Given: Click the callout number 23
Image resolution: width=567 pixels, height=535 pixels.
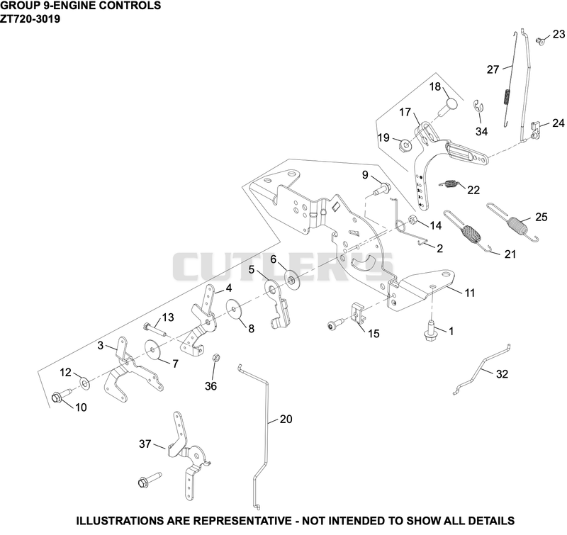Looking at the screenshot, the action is pyautogui.click(x=558, y=34).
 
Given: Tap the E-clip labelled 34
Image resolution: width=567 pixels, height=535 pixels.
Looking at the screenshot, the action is pyautogui.click(x=478, y=106).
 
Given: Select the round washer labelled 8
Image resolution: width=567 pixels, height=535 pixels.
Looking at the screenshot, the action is pyautogui.click(x=235, y=309).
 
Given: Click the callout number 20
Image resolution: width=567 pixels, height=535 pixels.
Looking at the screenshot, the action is pyautogui.click(x=286, y=419).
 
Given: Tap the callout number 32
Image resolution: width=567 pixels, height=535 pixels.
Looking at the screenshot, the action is pyautogui.click(x=502, y=373).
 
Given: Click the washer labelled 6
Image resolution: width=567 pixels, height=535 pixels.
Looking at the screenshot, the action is pyautogui.click(x=291, y=278).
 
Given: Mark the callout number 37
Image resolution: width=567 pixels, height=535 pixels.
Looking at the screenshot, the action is pyautogui.click(x=145, y=444).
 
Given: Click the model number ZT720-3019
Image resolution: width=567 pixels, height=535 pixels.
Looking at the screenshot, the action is pyautogui.click(x=30, y=18).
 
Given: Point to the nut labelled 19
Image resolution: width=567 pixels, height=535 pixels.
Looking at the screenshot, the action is pyautogui.click(x=405, y=145).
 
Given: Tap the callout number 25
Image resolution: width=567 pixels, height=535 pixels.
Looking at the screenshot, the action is pyautogui.click(x=541, y=217).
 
